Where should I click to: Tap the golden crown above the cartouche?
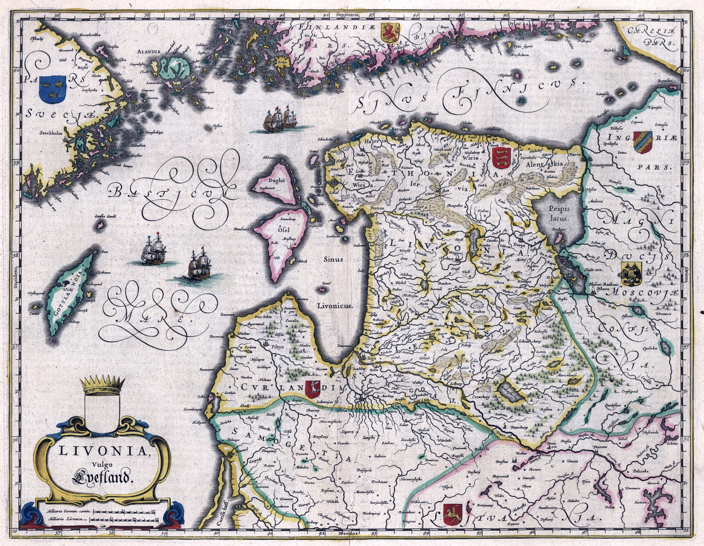tap(103, 385)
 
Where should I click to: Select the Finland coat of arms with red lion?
tap(389, 33)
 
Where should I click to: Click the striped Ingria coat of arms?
tap(642, 141)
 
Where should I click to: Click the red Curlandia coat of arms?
tap(313, 387)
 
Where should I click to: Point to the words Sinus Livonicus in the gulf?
tap(333, 282)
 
